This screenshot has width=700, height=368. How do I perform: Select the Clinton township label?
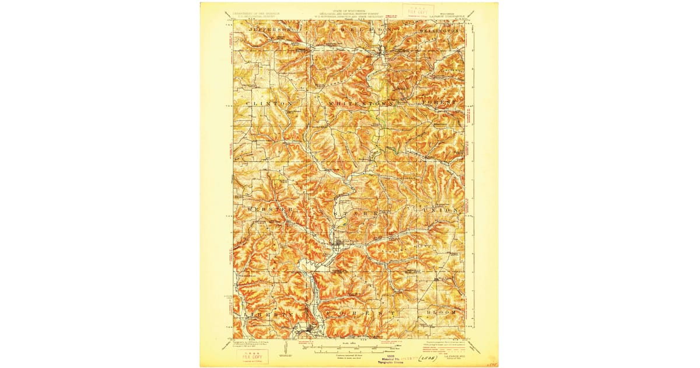(x=269, y=103)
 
